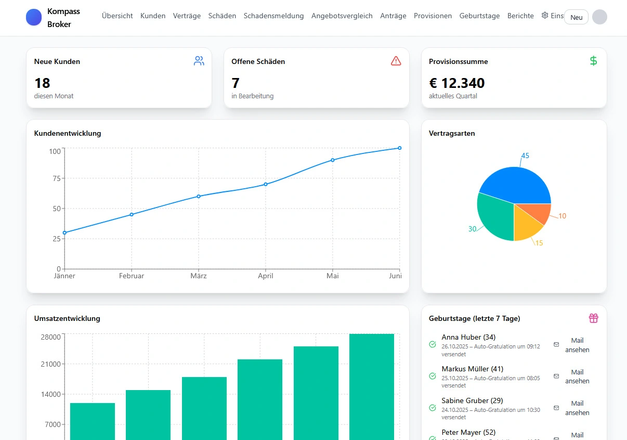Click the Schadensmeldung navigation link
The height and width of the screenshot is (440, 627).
(273, 16)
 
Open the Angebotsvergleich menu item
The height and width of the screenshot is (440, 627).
(342, 16)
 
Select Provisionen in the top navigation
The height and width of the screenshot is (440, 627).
(433, 16)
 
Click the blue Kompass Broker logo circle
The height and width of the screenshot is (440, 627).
(34, 17)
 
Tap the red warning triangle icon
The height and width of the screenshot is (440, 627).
(396, 61)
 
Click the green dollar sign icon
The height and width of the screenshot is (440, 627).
(593, 61)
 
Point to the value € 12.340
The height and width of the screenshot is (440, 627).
(456, 83)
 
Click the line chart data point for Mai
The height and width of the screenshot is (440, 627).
(333, 160)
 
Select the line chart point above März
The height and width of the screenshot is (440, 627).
(199, 196)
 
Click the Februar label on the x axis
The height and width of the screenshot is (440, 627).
(132, 276)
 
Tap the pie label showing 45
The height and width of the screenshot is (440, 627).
(525, 156)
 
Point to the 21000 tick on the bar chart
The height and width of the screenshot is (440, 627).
(50, 364)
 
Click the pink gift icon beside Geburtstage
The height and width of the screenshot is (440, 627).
(593, 318)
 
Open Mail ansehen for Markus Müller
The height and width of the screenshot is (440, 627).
(577, 377)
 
